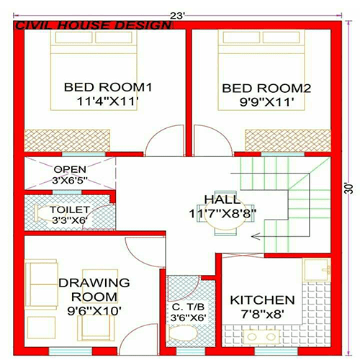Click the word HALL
[x=219, y=199]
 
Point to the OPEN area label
[x=70, y=170]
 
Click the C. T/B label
[x=186, y=306]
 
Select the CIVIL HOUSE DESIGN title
[x=94, y=25]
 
